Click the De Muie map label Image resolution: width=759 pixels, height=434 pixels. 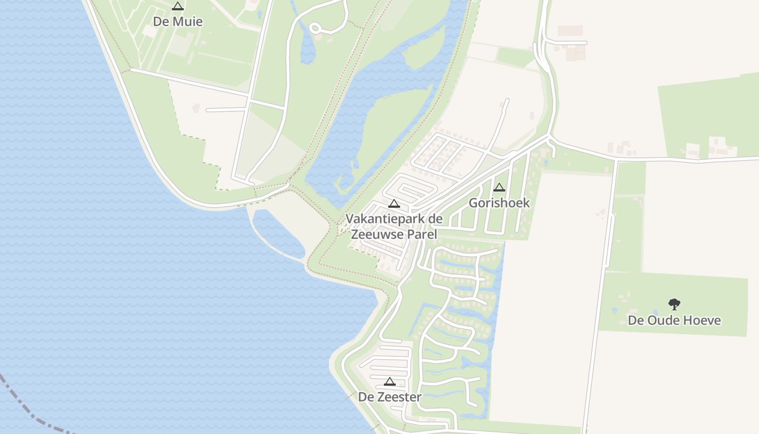coord(178,22)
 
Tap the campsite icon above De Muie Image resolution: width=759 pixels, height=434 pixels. coord(177,7)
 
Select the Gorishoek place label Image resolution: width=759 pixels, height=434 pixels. coord(499,203)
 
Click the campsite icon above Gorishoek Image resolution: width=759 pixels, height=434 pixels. coord(499,188)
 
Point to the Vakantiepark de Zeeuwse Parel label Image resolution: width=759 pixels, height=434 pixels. coord(394,227)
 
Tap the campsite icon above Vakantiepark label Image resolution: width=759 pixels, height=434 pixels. coord(394,204)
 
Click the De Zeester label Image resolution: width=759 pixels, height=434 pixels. coord(390,397)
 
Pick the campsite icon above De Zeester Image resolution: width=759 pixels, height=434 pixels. coord(390,381)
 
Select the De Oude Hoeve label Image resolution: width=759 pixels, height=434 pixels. coord(674,320)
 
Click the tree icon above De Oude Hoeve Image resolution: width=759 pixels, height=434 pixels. coord(674,304)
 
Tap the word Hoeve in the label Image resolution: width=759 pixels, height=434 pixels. coord(702,320)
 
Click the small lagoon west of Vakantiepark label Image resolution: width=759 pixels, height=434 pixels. coord(276,233)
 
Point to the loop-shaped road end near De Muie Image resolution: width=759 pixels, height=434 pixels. coord(316,28)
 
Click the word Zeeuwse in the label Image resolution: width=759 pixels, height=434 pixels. coord(377,234)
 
